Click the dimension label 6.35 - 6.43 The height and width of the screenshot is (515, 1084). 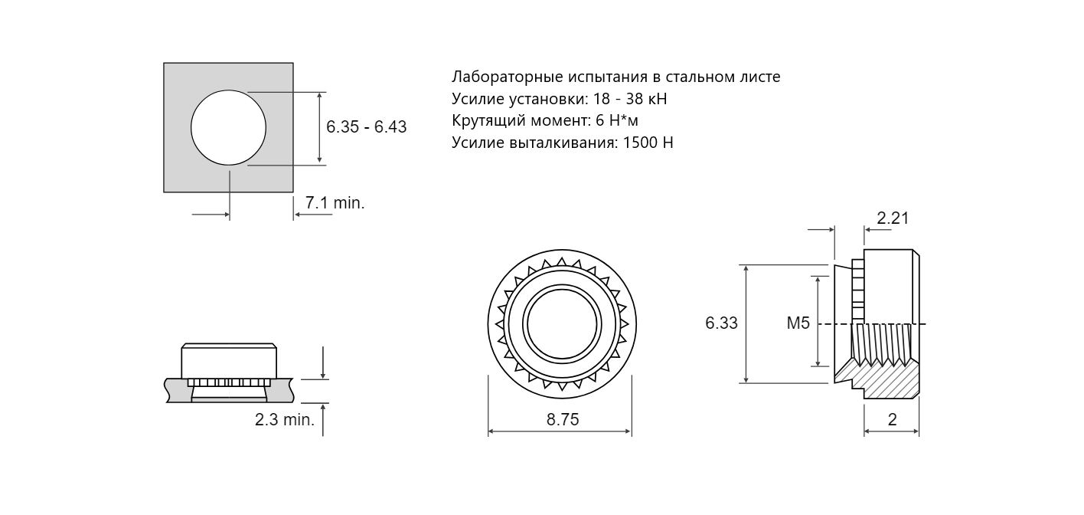coord(367,127)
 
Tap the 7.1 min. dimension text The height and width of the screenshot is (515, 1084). coord(335,203)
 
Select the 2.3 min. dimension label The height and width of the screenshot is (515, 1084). coord(285,419)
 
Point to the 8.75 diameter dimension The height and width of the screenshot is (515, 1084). coord(563,419)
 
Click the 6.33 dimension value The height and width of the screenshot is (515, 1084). coord(722,323)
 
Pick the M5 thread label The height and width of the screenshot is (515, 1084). coord(798,323)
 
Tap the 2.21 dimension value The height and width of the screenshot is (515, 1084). coord(893,218)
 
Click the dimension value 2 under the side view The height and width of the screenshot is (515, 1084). coord(893,419)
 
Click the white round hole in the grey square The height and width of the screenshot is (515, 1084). coord(228,127)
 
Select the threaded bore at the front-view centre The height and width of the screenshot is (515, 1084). coord(562,323)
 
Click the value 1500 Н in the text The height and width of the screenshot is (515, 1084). coord(648,143)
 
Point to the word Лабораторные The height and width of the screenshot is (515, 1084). coord(508,77)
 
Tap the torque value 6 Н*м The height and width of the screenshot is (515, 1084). coord(617,120)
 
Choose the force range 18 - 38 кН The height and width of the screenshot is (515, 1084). coord(630,99)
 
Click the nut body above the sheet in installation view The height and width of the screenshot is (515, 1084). coord(229,361)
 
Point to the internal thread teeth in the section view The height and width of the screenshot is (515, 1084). coord(882,344)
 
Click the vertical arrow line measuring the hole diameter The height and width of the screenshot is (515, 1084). coord(319,127)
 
